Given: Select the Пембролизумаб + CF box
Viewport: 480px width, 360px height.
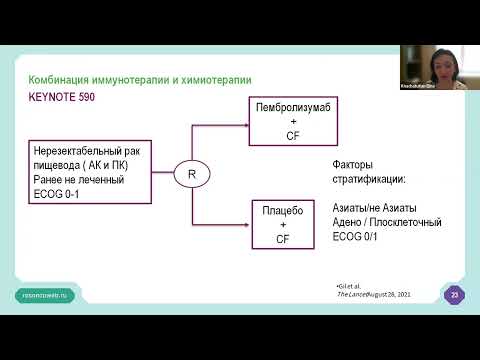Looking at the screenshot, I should tap(282, 112).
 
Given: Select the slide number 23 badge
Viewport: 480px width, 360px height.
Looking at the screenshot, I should tap(455, 295).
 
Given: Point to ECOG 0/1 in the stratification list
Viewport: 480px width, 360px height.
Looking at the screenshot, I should tap(350, 238).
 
